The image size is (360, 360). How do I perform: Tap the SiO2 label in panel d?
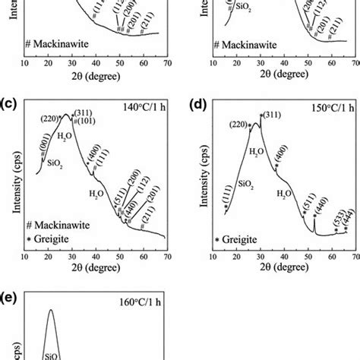tap(247, 183)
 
